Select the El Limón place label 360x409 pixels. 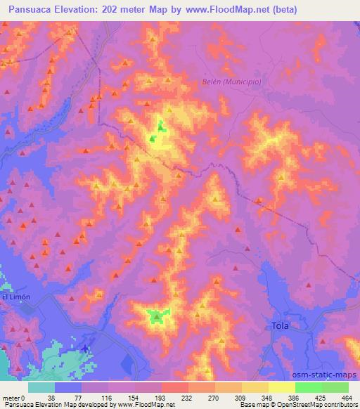(15, 297)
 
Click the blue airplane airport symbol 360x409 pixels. (86, 348)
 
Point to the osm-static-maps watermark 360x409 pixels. (329, 375)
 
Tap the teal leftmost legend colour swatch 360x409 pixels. (41, 387)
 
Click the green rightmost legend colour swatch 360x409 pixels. (335, 387)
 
